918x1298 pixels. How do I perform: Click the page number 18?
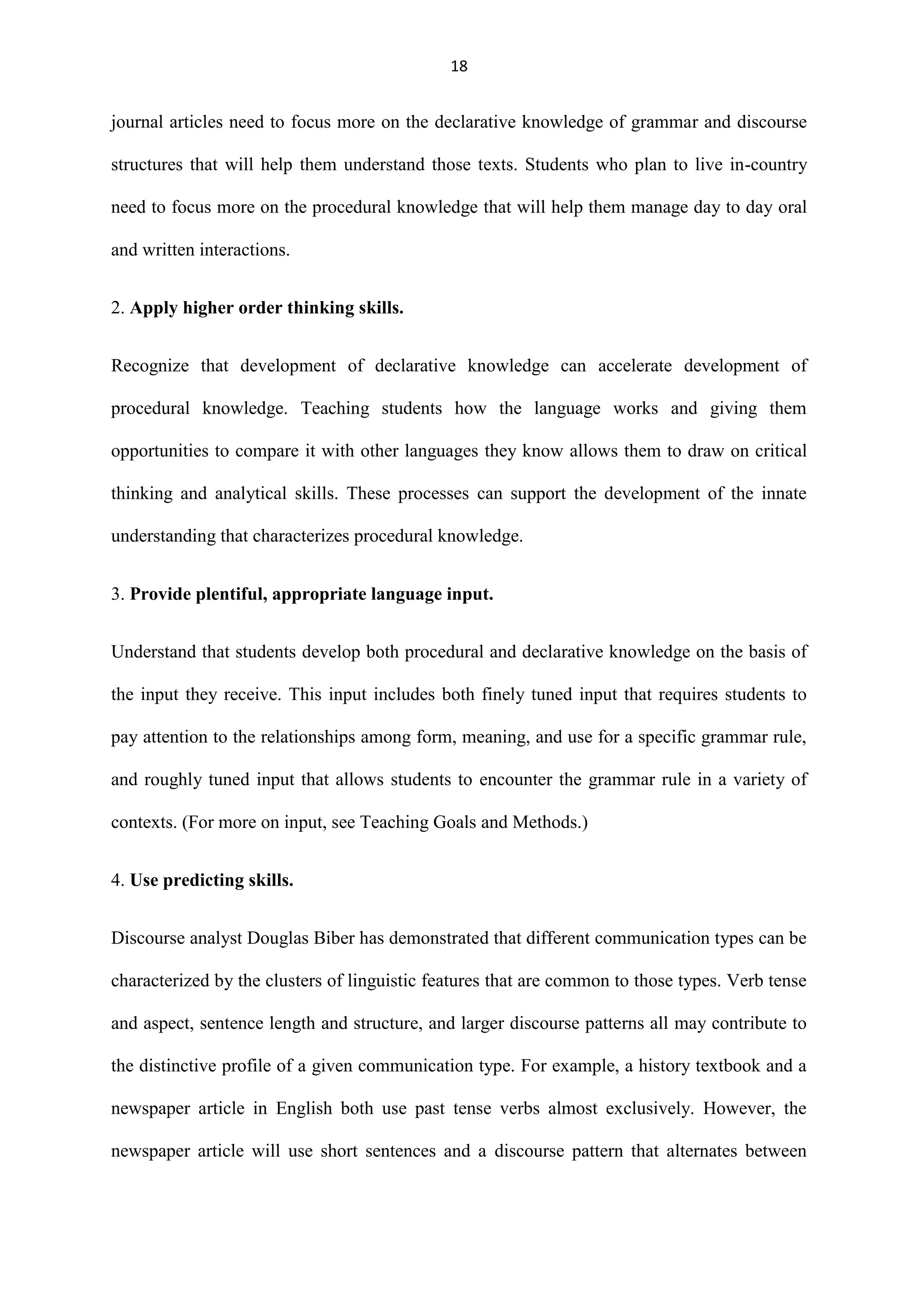(459, 67)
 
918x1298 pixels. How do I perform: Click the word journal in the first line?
(137, 122)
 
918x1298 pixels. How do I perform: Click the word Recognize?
(150, 366)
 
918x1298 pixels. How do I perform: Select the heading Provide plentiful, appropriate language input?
(311, 594)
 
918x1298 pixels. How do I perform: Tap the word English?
(303, 1108)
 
